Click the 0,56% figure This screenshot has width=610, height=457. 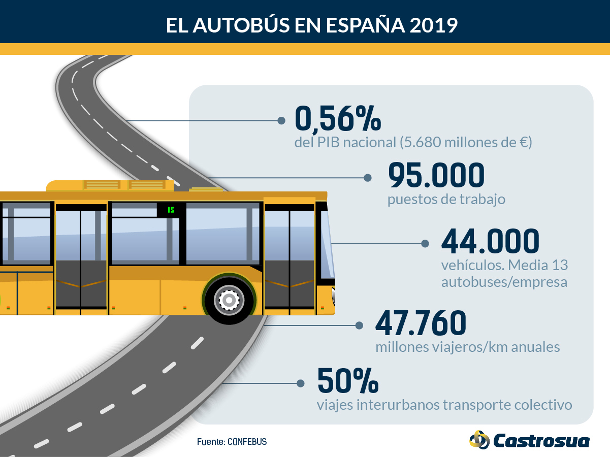click(338, 119)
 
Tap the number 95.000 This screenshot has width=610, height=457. click(436, 175)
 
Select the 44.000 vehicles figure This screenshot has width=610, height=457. click(490, 241)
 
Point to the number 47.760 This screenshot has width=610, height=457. click(421, 323)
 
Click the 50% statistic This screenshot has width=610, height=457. click(348, 381)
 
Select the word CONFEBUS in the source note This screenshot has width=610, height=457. click(247, 441)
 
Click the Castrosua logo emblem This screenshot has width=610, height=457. click(479, 440)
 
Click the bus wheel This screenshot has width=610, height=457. click(229, 300)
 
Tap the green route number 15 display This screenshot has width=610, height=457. click(171, 210)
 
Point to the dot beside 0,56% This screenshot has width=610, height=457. click(281, 120)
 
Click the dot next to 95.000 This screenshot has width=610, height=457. click(368, 178)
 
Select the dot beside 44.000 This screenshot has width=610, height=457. click(425, 244)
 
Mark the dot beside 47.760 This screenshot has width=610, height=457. click(359, 325)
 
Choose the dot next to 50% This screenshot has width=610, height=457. click(300, 383)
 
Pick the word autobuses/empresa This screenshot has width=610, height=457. click(504, 282)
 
